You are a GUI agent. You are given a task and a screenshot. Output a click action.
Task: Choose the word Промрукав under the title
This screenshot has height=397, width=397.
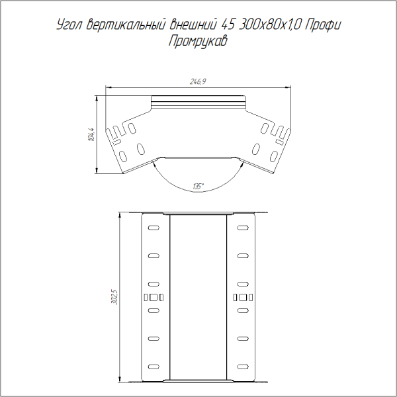tap(198, 42)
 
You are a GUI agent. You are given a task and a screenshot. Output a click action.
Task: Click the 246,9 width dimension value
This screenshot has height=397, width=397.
tap(198, 81)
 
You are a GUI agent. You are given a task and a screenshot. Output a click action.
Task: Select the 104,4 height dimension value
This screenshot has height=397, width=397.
tap(91, 134)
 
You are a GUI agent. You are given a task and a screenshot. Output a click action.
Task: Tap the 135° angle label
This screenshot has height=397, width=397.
tap(198, 186)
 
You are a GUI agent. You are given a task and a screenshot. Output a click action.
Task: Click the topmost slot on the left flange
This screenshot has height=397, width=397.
tap(154, 228)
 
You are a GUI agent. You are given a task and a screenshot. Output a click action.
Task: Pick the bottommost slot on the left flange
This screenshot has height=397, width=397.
tap(154, 366)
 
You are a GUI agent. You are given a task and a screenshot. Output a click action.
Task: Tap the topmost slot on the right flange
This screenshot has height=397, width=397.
tap(243, 228)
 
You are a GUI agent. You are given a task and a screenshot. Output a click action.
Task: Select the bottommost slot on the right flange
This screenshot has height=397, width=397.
tap(243, 366)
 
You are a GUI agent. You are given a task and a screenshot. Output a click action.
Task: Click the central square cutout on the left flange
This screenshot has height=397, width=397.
tap(154, 296)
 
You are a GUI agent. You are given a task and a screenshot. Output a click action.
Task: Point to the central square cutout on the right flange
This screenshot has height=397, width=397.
tap(243, 296)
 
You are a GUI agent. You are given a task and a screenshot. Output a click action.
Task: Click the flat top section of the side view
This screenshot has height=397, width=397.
tap(198, 103)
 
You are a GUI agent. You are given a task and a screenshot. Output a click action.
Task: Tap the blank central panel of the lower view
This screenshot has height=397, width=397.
tap(198, 296)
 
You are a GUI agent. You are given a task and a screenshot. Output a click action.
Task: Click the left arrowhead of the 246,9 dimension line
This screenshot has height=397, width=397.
tap(110, 87)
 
